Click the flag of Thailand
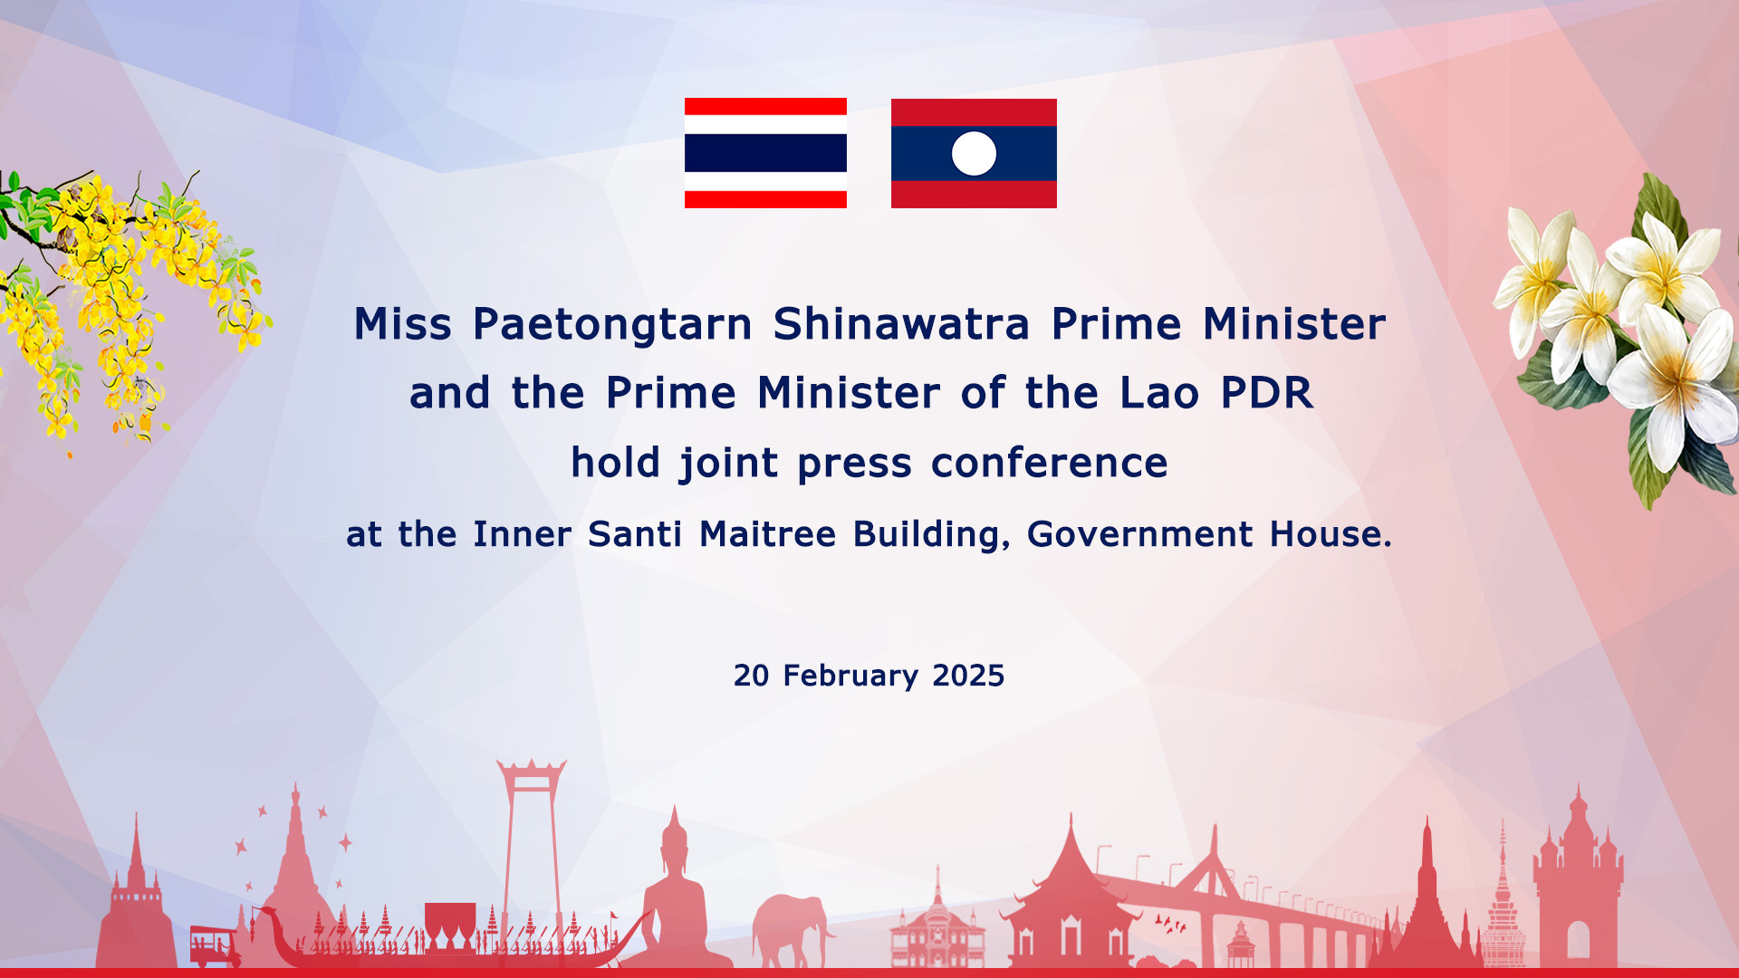765,153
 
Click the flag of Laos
974,153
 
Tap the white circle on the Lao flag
974,153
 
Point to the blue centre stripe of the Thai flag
765,153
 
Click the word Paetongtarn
612,325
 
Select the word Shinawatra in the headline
901,323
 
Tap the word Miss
402,323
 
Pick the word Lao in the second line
1159,393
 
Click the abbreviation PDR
1266,393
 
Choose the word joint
728,464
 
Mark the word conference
1049,464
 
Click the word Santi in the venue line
634,534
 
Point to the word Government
1139,535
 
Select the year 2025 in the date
968,676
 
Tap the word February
850,676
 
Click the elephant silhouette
792,930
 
